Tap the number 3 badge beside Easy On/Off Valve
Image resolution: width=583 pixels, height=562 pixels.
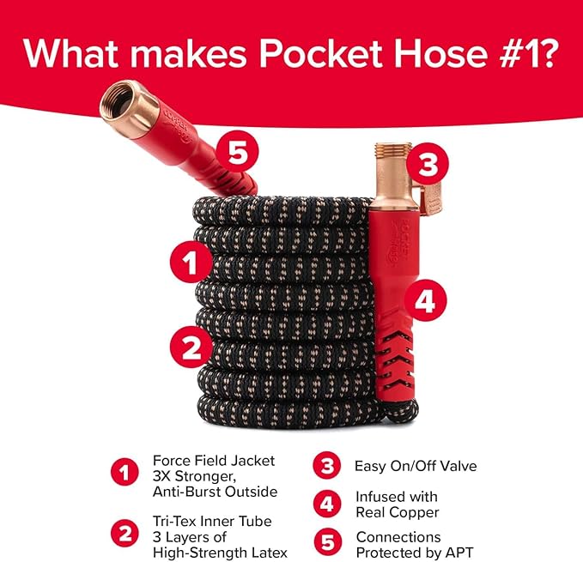click(325, 467)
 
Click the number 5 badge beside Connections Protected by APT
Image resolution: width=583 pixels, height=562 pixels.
click(325, 543)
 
